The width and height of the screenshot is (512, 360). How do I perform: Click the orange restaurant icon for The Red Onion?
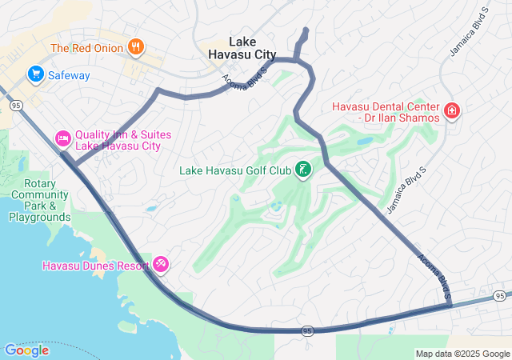[136, 48]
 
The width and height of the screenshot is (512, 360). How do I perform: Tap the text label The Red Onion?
[86, 48]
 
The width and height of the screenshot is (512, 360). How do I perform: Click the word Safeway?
[68, 75]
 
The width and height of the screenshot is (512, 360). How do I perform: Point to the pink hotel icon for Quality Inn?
[63, 139]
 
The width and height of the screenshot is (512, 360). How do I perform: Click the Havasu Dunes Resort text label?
[97, 265]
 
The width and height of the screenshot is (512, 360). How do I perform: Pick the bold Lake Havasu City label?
[242, 47]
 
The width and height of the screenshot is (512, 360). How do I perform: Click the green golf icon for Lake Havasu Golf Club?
[303, 170]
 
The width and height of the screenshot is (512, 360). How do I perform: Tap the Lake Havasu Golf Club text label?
[234, 170]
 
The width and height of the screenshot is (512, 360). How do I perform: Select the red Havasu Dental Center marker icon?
[452, 110]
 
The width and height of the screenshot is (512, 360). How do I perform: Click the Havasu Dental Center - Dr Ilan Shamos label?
[386, 112]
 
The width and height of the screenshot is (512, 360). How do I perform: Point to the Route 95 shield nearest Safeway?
[15, 105]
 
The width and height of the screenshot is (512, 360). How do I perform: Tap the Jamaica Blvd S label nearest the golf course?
[404, 195]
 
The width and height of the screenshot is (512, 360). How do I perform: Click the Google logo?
[26, 350]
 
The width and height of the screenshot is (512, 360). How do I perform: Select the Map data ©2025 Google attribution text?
[462, 354]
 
